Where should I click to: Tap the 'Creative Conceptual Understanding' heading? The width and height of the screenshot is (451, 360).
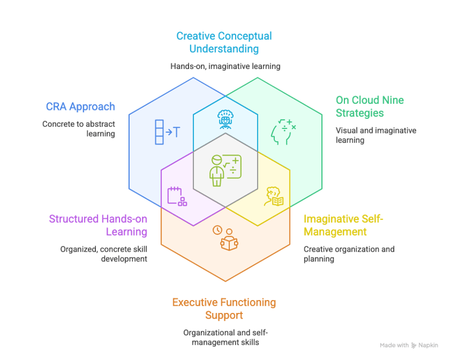tap(224, 43)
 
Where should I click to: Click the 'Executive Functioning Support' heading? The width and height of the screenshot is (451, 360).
tap(224, 308)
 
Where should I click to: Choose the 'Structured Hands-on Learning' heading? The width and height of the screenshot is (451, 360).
tap(98, 225)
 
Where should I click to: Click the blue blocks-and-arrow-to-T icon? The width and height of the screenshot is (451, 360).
tap(167, 132)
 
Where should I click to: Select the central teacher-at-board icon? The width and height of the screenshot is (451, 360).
tap(225, 170)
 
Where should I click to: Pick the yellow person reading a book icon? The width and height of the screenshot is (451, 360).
tap(274, 196)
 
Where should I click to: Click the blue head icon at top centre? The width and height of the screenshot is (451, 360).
tap(225, 119)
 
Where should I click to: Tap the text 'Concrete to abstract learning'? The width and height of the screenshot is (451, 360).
tap(79, 129)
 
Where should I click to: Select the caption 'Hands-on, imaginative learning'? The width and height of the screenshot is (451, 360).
tap(225, 66)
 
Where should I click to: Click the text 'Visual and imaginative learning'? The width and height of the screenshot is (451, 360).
tap(376, 135)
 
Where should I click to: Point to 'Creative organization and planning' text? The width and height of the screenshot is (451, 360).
tap(349, 254)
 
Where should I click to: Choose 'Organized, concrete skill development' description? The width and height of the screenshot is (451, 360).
tap(104, 254)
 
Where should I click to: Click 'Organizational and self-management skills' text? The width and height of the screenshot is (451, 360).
tap(224, 337)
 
